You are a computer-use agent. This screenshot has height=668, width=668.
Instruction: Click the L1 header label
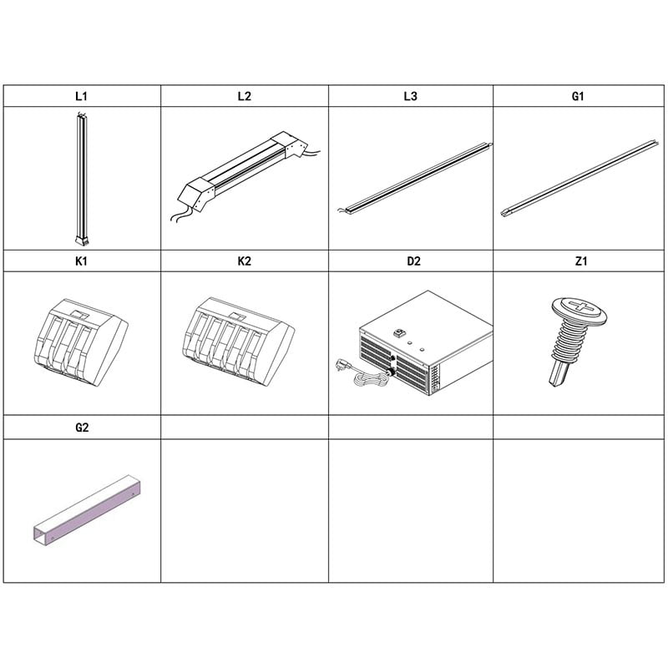coord(81,96)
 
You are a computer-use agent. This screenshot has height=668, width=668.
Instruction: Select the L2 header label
coord(244,96)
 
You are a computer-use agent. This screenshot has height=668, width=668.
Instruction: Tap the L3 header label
coord(410,96)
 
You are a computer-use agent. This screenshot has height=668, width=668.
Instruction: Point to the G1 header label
coord(577,96)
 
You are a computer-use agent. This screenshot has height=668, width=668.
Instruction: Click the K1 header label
coord(81,261)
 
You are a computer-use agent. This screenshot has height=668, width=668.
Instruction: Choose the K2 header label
coord(244,261)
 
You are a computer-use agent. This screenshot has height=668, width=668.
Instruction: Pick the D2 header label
coord(413,261)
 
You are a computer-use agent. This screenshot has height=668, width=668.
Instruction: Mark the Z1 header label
coord(581,261)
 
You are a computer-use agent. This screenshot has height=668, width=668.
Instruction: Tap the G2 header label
coord(82,427)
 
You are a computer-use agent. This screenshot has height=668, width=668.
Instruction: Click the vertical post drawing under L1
coord(81,179)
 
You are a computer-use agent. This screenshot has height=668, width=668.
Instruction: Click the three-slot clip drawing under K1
coord(80,342)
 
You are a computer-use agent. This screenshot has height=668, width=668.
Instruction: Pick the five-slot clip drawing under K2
coord(238,342)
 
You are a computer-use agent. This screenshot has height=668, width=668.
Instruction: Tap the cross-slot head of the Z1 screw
coord(579,308)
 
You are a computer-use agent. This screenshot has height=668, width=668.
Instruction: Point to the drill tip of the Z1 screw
coord(558,377)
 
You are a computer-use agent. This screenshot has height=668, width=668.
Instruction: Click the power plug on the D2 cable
coord(342,365)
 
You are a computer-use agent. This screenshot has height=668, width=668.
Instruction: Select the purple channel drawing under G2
coord(87,510)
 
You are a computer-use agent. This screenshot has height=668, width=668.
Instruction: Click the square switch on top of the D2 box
coord(399,331)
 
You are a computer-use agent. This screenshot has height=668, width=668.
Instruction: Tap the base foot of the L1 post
coord(82,240)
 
